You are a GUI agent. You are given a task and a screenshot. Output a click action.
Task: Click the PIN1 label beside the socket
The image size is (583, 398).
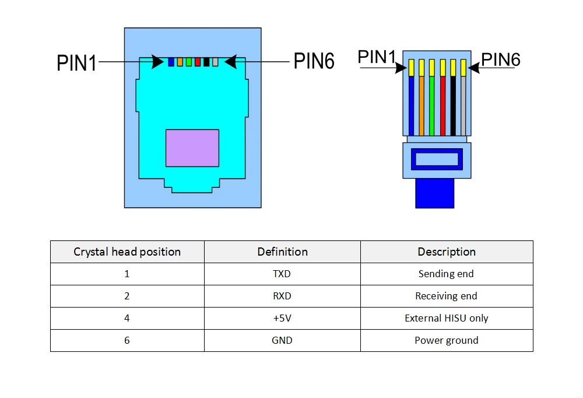pos(76,63)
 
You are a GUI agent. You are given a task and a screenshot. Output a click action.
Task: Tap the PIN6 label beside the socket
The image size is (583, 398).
pos(314,61)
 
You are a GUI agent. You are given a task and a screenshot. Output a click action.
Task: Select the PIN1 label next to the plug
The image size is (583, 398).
pos(377,57)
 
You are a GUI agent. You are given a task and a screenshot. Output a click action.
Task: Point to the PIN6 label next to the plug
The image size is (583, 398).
pos(500,60)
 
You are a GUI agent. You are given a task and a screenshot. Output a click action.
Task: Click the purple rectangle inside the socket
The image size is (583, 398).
pos(192,148)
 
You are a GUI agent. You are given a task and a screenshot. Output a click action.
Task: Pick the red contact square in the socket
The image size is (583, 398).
pos(198,62)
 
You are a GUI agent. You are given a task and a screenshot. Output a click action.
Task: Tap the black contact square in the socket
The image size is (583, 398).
pos(206,62)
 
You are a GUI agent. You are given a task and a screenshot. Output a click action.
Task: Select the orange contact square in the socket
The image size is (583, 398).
pos(180,62)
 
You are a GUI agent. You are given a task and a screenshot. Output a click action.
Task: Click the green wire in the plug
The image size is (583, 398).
pos(431,106)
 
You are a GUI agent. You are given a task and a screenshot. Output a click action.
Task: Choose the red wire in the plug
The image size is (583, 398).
pos(443,106)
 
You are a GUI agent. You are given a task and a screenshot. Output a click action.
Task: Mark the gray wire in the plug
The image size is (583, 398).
pos(463,106)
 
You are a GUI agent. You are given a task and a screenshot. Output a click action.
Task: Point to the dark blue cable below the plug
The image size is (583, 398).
pos(435,193)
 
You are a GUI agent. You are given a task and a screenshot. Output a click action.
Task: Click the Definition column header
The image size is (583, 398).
pos(283,252)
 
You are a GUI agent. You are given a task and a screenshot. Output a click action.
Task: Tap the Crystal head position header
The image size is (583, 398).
pos(127,252)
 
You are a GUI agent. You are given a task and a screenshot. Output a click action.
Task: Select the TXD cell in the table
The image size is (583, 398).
pos(282,274)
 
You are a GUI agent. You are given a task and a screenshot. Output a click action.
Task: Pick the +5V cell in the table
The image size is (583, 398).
pos(282,318)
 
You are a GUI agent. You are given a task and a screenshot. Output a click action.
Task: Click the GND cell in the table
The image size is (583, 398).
pos(282,340)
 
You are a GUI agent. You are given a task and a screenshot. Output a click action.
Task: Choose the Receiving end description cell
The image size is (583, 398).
pos(446,296)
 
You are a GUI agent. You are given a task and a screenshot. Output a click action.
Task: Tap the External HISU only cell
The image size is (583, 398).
pos(447,318)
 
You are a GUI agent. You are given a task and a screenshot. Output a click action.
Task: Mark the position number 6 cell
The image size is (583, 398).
pos(127,340)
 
